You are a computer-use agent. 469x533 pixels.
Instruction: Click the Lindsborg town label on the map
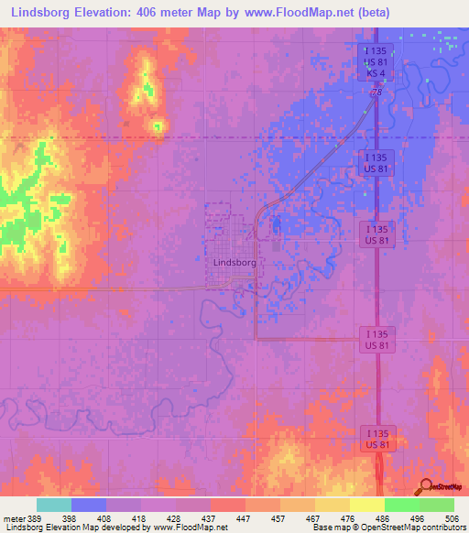tap(234, 262)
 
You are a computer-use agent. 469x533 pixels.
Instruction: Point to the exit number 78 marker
tap(376, 92)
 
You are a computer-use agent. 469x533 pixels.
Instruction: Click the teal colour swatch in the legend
tap(54, 505)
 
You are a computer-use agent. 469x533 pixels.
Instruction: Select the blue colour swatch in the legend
tap(89, 505)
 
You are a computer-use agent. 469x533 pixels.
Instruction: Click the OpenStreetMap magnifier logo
tap(425, 485)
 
